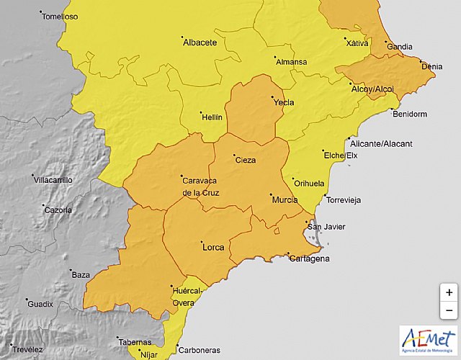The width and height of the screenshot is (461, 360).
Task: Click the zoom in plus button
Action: coord(449,292)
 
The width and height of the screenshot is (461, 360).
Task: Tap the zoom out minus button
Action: coord(449,310)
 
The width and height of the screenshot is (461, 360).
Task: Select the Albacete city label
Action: coord(200,43)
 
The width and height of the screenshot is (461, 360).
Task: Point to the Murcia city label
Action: coord(285,200)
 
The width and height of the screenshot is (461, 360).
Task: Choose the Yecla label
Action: coord(284,103)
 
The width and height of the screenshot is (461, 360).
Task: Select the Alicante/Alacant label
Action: coord(388,144)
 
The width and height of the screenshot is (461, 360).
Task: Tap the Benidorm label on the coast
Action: coord(410,114)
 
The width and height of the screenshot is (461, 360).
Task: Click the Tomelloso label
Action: coord(61,17)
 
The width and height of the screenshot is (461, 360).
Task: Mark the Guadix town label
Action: coord(40,305)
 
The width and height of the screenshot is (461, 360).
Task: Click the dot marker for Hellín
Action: coord(200,112)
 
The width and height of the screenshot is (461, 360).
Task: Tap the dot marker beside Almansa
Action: coord(274,57)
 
